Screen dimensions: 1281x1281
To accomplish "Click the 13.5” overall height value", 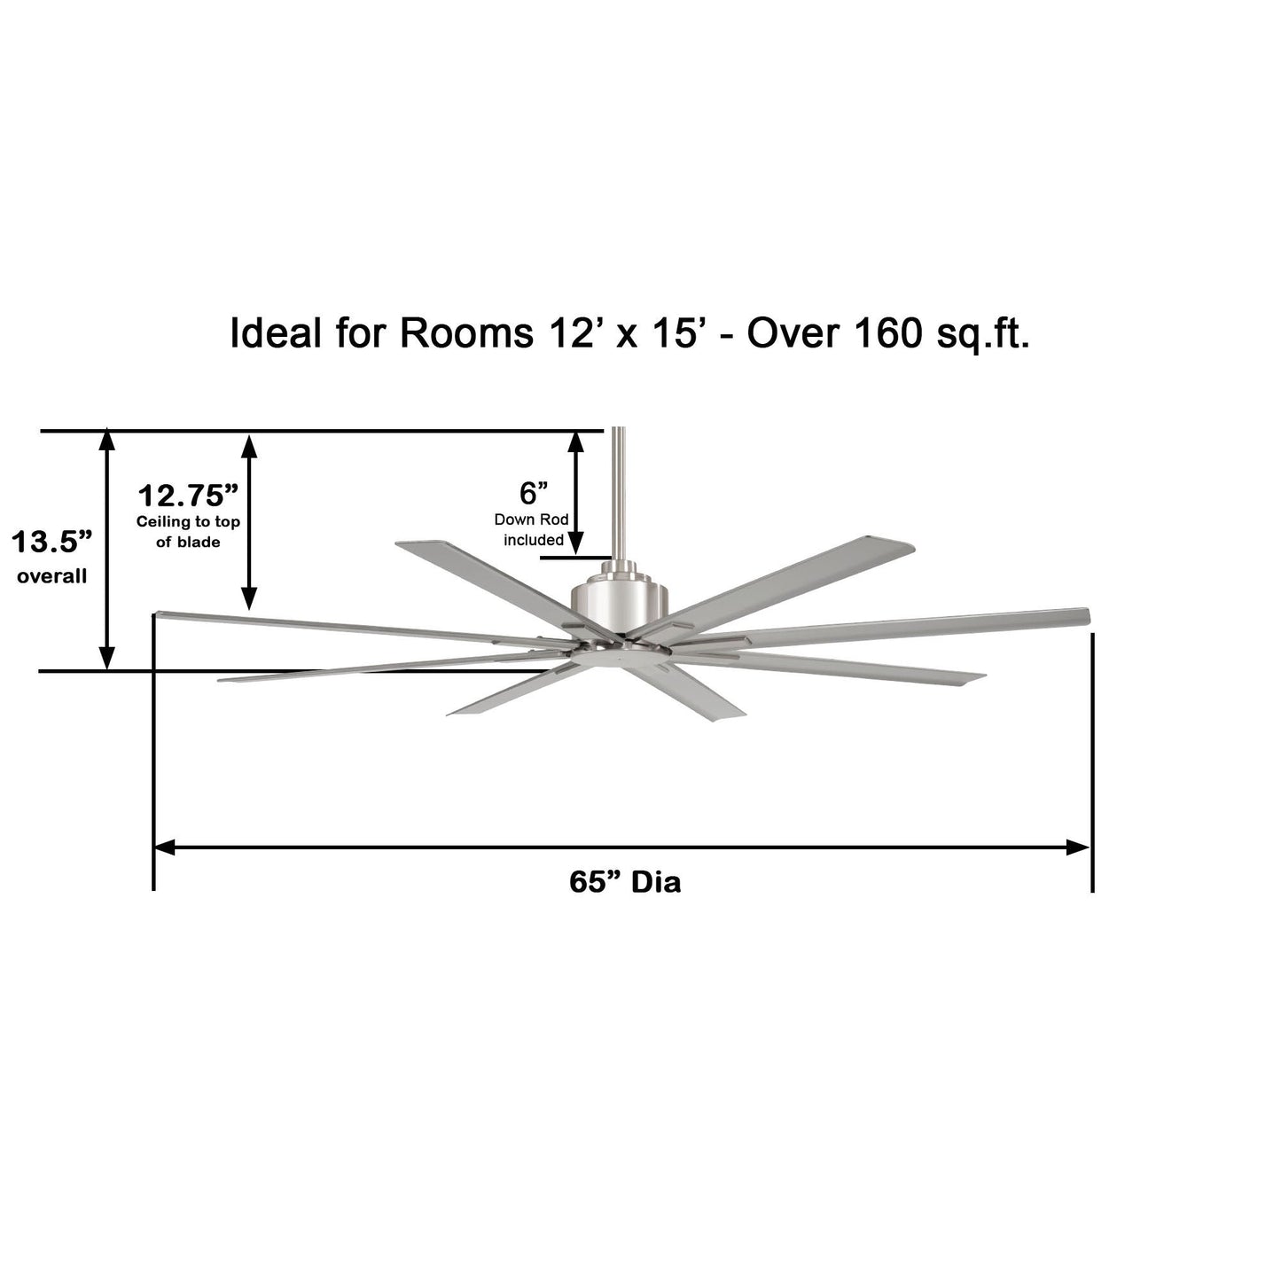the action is tap(51, 542).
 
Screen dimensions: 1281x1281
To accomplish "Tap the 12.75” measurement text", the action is tap(188, 496).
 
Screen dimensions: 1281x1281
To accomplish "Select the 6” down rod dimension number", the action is tap(533, 493).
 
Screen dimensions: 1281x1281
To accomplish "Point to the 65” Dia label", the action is tap(625, 882).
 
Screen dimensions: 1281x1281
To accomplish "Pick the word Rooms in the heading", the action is tap(466, 332).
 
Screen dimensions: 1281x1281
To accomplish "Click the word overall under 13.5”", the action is tap(51, 576).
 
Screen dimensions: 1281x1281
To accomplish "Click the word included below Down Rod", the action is tap(533, 540).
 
